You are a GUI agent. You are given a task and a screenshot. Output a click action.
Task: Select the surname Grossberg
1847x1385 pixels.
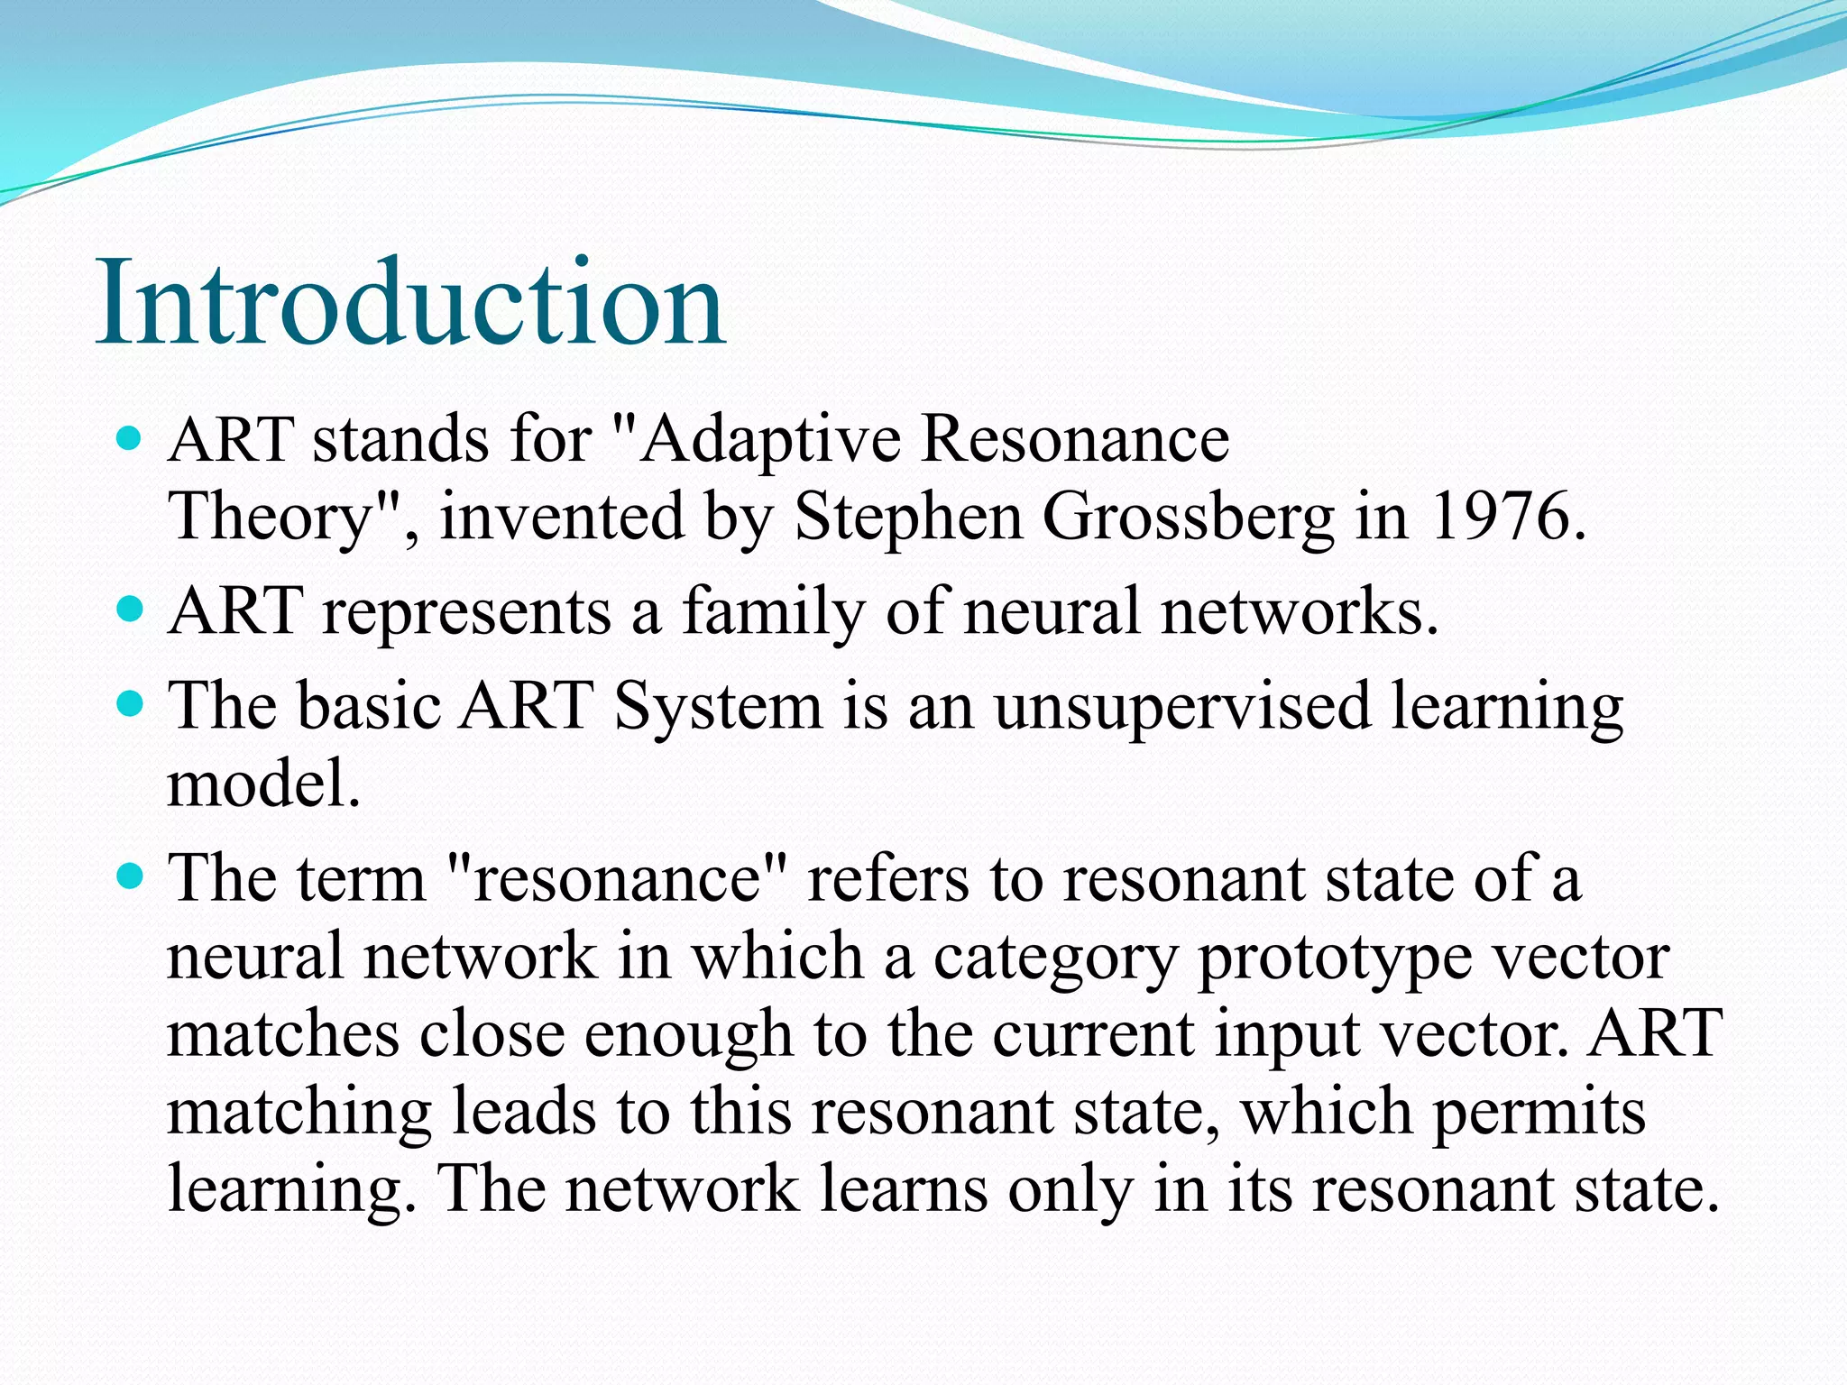tap(1188, 518)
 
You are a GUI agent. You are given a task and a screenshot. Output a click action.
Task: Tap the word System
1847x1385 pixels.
tap(718, 706)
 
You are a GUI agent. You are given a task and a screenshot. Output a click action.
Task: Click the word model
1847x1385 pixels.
tap(263, 784)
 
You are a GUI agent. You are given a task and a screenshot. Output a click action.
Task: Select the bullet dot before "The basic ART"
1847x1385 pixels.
tap(131, 704)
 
